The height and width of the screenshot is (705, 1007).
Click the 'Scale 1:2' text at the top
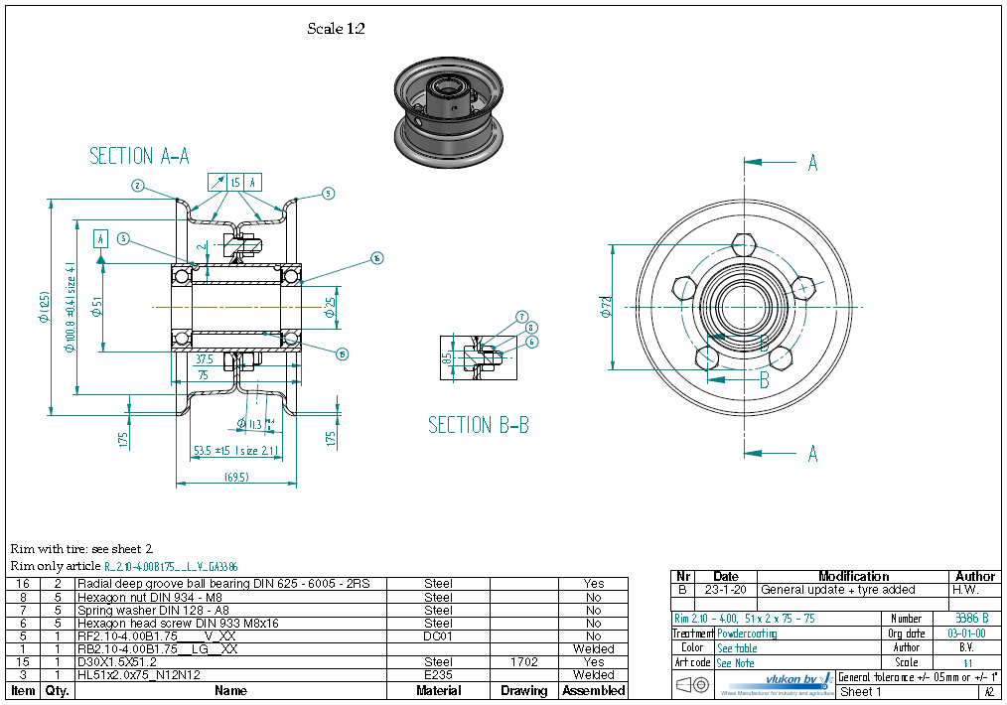click(x=336, y=29)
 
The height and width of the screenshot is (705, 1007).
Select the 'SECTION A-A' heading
click(x=139, y=156)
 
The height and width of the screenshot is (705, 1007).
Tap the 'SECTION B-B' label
click(x=478, y=425)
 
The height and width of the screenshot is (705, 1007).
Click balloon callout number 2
click(x=138, y=185)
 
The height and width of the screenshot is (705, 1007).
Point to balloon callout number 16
click(x=376, y=258)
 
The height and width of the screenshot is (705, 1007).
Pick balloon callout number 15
click(x=342, y=353)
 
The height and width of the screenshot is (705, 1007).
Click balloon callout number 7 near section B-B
click(x=521, y=317)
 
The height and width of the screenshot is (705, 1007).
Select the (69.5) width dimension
click(x=236, y=477)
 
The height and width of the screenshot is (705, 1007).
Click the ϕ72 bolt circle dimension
click(x=606, y=308)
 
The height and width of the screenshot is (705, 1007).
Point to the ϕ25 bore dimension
click(x=330, y=308)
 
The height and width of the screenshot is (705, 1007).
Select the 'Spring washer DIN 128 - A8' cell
click(x=149, y=610)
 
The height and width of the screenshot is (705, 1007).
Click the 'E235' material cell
click(x=438, y=674)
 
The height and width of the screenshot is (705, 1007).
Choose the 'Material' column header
click(x=438, y=690)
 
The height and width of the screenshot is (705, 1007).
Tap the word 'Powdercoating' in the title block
click(x=747, y=633)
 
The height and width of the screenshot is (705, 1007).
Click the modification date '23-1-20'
click(x=726, y=590)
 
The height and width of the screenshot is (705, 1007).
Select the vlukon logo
click(x=775, y=682)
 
